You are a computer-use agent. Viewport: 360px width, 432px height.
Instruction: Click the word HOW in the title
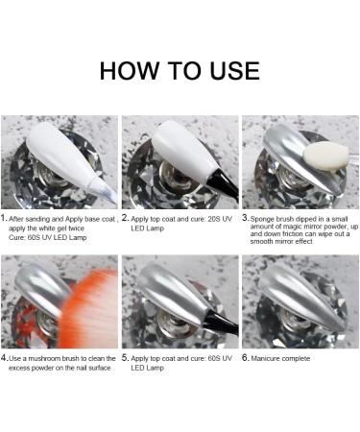click(130, 70)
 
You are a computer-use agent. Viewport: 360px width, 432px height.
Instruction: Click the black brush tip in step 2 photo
click(224, 186)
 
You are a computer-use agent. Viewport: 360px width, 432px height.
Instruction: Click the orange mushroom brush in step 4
click(88, 310)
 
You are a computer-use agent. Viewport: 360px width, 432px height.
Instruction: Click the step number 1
click(4, 219)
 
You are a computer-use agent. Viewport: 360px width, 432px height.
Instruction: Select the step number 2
click(125, 219)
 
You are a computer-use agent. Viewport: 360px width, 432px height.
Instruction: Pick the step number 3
click(245, 218)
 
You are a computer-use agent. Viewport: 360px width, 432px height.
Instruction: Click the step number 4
click(4, 358)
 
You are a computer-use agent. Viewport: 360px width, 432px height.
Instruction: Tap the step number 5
click(125, 358)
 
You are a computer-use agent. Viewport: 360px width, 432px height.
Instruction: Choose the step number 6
click(245, 358)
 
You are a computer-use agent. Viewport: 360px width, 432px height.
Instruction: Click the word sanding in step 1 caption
click(37, 220)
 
